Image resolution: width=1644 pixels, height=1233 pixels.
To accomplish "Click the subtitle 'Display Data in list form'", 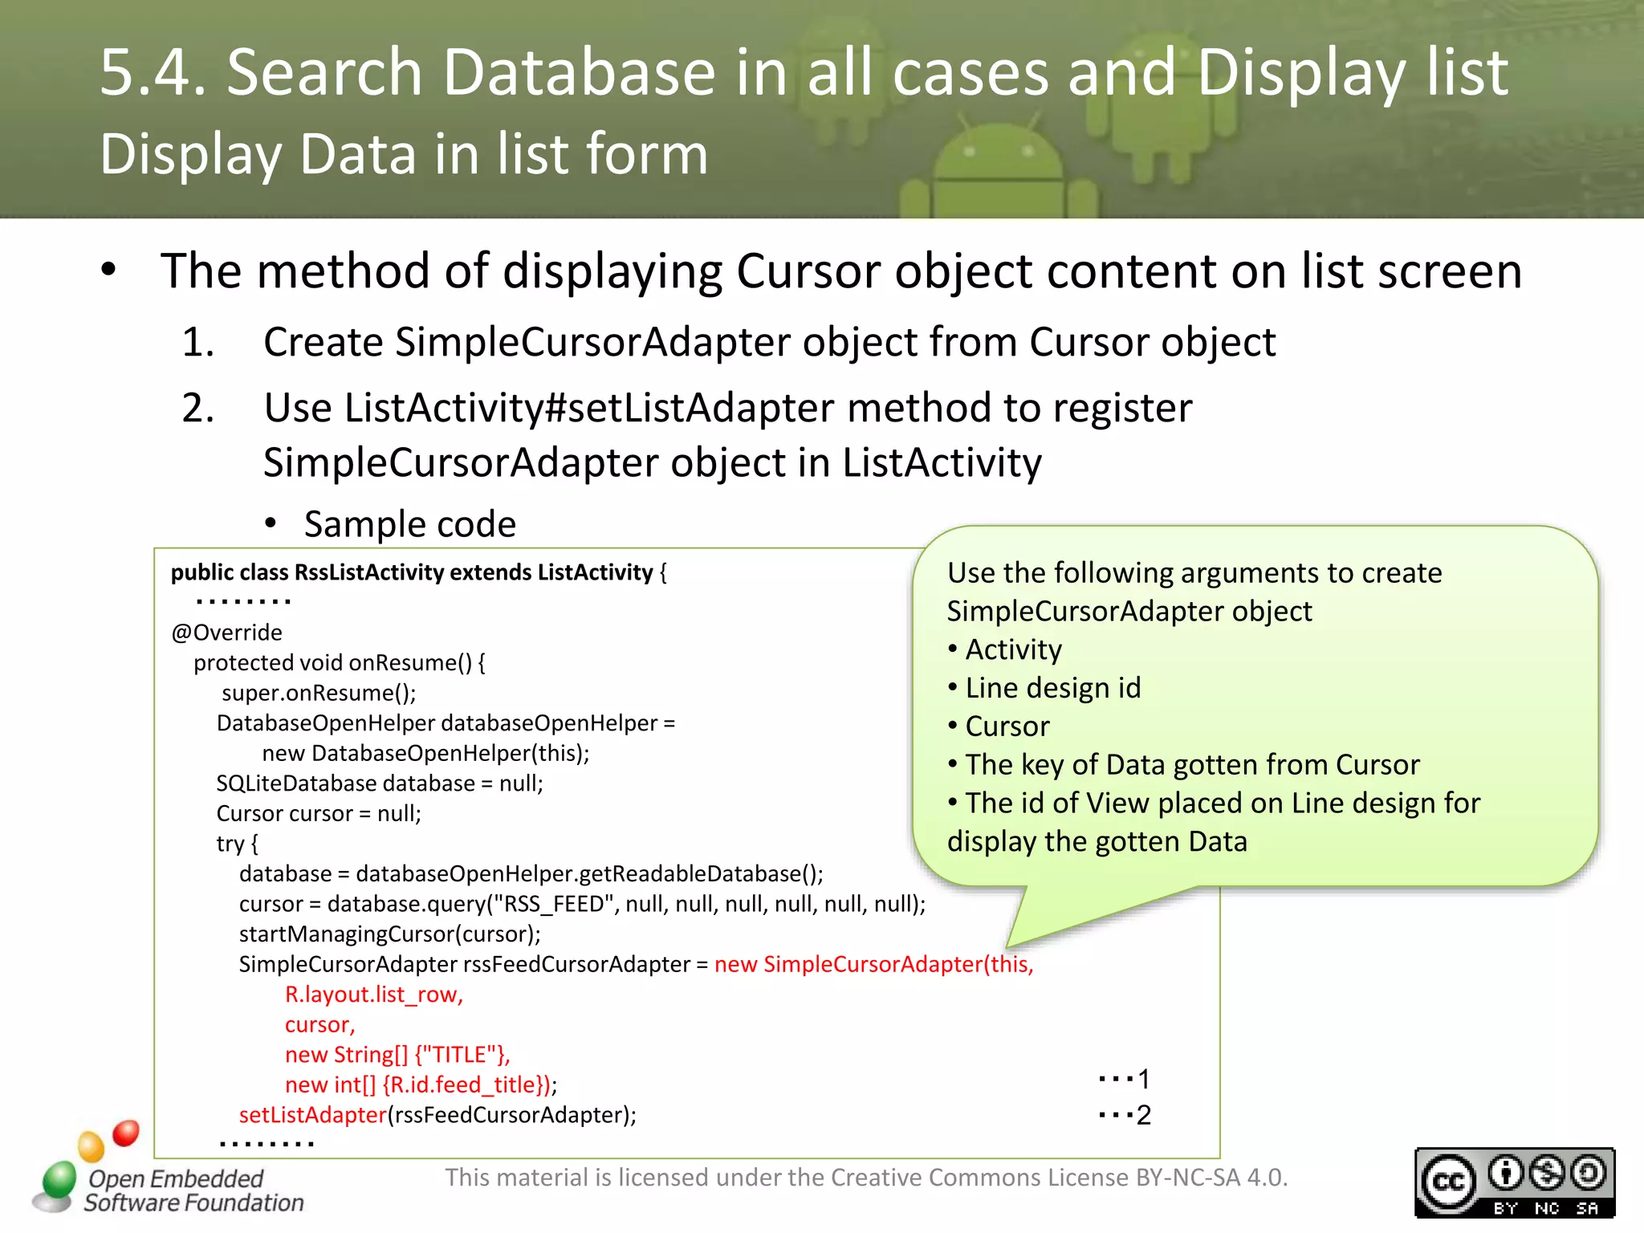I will [404, 154].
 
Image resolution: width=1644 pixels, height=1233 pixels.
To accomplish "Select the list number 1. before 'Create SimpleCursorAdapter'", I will [197, 343].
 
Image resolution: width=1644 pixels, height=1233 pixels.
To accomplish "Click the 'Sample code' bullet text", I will [409, 524].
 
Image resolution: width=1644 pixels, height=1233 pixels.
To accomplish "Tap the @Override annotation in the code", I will [226, 633].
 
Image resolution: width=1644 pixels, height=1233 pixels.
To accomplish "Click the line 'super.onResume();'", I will [319, 693].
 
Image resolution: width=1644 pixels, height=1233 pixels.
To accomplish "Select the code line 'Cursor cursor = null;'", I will [319, 813].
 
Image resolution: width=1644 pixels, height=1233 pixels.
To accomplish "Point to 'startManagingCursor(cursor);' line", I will [389, 934].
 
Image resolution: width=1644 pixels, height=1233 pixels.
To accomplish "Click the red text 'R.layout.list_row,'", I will [374, 995].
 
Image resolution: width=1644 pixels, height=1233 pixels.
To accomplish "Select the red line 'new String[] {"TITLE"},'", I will [397, 1055].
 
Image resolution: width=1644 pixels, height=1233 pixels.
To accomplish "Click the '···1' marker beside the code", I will [1125, 1079].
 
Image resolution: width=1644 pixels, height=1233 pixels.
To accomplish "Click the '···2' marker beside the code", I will [1125, 1115].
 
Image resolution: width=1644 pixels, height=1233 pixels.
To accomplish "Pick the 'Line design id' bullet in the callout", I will [1052, 688].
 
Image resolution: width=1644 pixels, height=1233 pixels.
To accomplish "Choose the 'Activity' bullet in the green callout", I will [1013, 649].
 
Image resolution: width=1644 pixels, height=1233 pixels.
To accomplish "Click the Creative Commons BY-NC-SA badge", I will [1514, 1182].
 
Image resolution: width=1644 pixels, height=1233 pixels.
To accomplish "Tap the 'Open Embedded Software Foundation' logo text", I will [193, 1190].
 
